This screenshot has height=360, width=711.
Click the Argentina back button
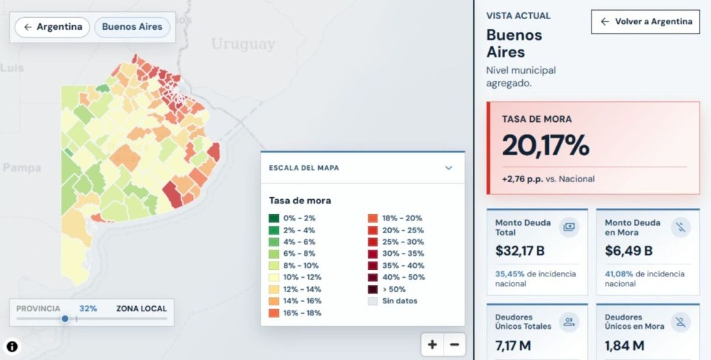point(52,27)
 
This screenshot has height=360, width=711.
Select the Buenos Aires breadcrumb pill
point(132,27)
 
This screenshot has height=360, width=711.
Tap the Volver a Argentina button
point(645,21)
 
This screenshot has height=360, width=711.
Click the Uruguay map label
point(243,44)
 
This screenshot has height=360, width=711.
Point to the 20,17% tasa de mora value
point(546,145)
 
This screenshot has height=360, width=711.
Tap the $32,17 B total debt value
point(520,250)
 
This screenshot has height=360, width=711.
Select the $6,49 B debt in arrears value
point(629,250)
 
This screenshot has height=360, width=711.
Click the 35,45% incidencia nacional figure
point(510,274)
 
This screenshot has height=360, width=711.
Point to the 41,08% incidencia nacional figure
point(619,274)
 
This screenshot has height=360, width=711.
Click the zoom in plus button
point(433,345)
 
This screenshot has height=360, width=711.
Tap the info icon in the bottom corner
point(12,346)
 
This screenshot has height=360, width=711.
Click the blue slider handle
point(65,319)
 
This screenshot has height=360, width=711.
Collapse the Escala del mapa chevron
point(449,168)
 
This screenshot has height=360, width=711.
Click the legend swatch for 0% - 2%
point(274,218)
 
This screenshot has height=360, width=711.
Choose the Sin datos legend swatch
point(373,301)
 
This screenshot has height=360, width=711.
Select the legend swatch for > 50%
point(373,290)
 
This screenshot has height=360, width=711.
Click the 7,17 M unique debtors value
point(513,345)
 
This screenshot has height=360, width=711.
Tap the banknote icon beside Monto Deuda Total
point(569,227)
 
